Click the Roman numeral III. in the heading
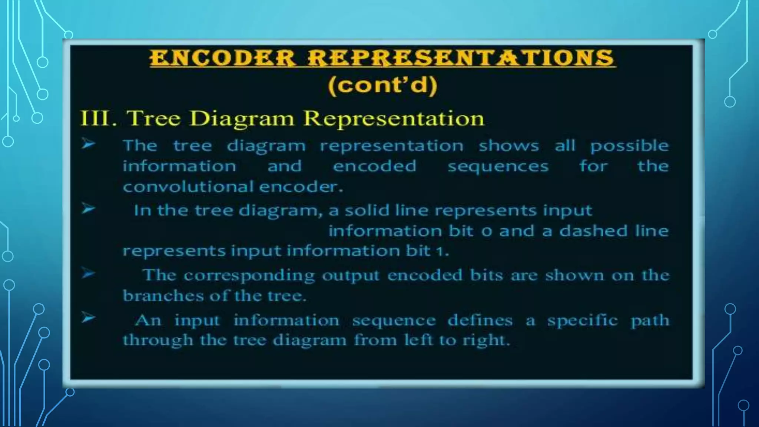[98, 119]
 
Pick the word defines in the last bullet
[480, 320]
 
